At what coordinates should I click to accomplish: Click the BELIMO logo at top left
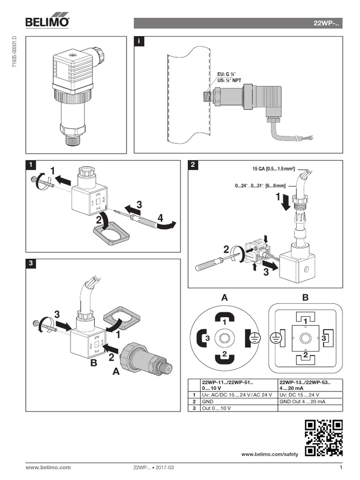(x=47, y=22)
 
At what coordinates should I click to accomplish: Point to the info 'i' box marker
(x=139, y=41)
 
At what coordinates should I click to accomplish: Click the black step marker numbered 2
(x=193, y=165)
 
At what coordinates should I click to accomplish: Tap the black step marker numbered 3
(x=30, y=264)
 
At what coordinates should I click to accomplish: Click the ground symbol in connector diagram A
(x=254, y=337)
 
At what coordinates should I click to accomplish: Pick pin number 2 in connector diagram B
(x=305, y=356)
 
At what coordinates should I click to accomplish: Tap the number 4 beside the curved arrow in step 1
(x=160, y=218)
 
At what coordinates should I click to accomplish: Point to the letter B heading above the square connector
(x=306, y=298)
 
